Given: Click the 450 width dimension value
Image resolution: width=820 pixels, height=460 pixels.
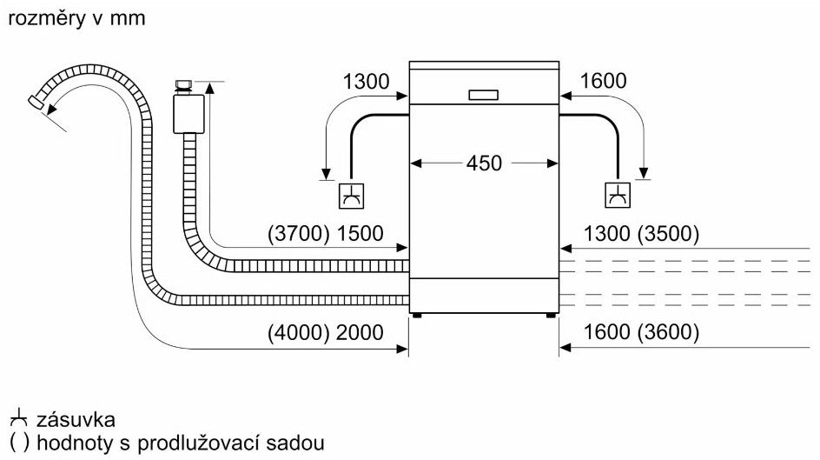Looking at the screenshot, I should point(484,163).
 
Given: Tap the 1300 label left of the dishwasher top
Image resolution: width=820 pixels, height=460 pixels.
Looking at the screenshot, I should point(366,83).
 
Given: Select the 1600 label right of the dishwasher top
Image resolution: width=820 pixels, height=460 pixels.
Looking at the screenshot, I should point(602,83).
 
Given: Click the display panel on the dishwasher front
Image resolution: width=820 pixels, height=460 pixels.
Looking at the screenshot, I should point(483,94).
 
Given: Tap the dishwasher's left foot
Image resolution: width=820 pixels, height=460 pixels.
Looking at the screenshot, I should point(418,315).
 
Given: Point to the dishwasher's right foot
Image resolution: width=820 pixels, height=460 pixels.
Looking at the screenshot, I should point(551,315).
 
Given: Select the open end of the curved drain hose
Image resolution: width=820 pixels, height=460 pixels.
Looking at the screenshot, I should point(36,103).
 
